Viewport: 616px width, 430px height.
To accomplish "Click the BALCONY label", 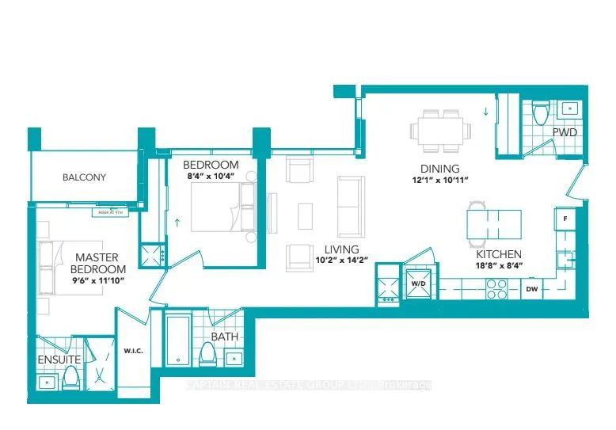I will point(84,177).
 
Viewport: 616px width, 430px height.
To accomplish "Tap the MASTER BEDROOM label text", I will point(97,263).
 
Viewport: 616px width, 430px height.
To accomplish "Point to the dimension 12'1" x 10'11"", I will point(439,181).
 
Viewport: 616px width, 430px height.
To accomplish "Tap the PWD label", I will point(564,132).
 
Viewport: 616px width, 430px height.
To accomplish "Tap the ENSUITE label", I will point(59,360).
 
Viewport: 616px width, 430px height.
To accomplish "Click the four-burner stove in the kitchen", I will point(496,291).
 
